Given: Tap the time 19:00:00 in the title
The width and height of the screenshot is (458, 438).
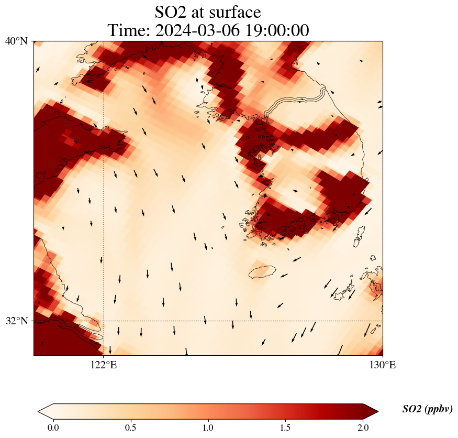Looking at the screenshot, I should pos(276,30).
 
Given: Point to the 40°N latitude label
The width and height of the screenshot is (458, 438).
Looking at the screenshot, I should pos(16,41).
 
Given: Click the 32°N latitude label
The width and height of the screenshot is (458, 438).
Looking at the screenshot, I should pos(16,321).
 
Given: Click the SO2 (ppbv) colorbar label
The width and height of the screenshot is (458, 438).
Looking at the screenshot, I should pos(427,409).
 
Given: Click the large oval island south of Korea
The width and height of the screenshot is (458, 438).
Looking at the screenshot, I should pos(262,272).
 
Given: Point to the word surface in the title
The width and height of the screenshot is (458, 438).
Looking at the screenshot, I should pos(235,12).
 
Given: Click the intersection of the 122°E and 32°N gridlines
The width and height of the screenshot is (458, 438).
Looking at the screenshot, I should pos(104,321).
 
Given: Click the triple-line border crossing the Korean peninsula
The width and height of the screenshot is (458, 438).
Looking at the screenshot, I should pos(296,100).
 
